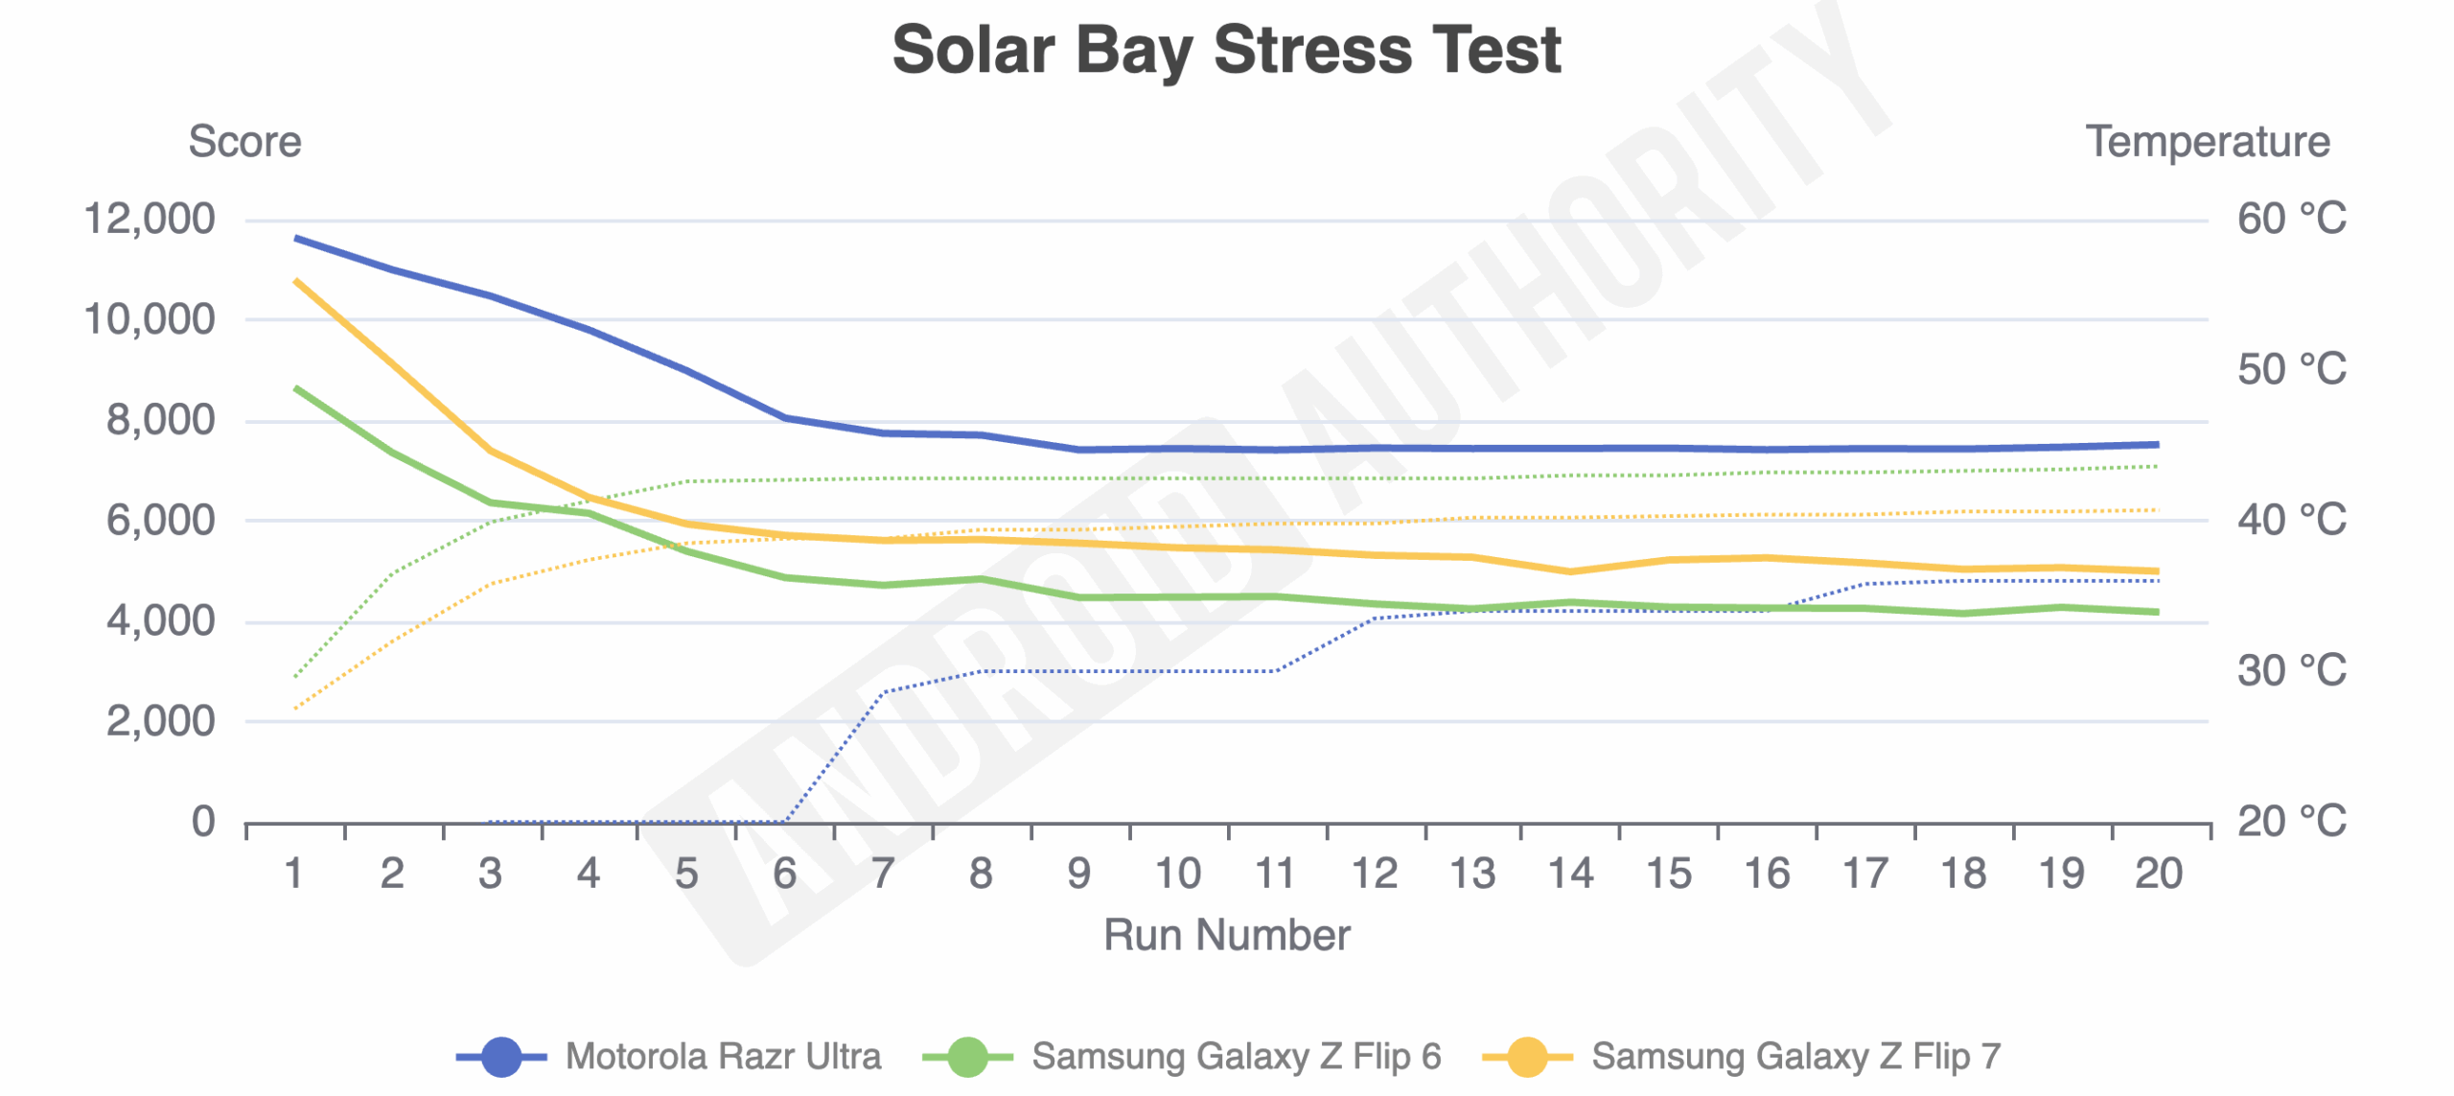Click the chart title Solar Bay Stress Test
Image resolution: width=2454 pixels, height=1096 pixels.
1226,50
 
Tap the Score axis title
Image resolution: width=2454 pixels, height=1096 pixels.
244,142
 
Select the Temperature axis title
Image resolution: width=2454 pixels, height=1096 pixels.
2207,142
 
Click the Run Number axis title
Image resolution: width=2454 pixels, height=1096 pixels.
1226,935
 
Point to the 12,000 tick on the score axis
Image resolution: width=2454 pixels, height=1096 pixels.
150,219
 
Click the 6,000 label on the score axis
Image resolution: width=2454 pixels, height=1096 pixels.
160,521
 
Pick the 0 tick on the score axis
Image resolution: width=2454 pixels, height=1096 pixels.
203,822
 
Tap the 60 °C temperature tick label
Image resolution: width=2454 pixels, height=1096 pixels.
2291,219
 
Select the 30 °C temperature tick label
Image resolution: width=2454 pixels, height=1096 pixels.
2291,671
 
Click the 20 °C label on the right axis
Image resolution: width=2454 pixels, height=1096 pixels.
2291,822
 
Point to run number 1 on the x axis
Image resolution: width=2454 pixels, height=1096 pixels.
294,874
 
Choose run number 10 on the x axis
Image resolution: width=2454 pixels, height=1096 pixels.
1177,874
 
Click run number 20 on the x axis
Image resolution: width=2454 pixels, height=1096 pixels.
2159,874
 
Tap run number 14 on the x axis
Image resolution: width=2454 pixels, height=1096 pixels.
1570,874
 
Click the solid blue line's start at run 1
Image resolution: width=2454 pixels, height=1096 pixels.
295,238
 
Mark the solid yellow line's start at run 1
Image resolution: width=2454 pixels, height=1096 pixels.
295,281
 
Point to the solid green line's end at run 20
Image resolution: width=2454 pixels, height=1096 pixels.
2157,612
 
